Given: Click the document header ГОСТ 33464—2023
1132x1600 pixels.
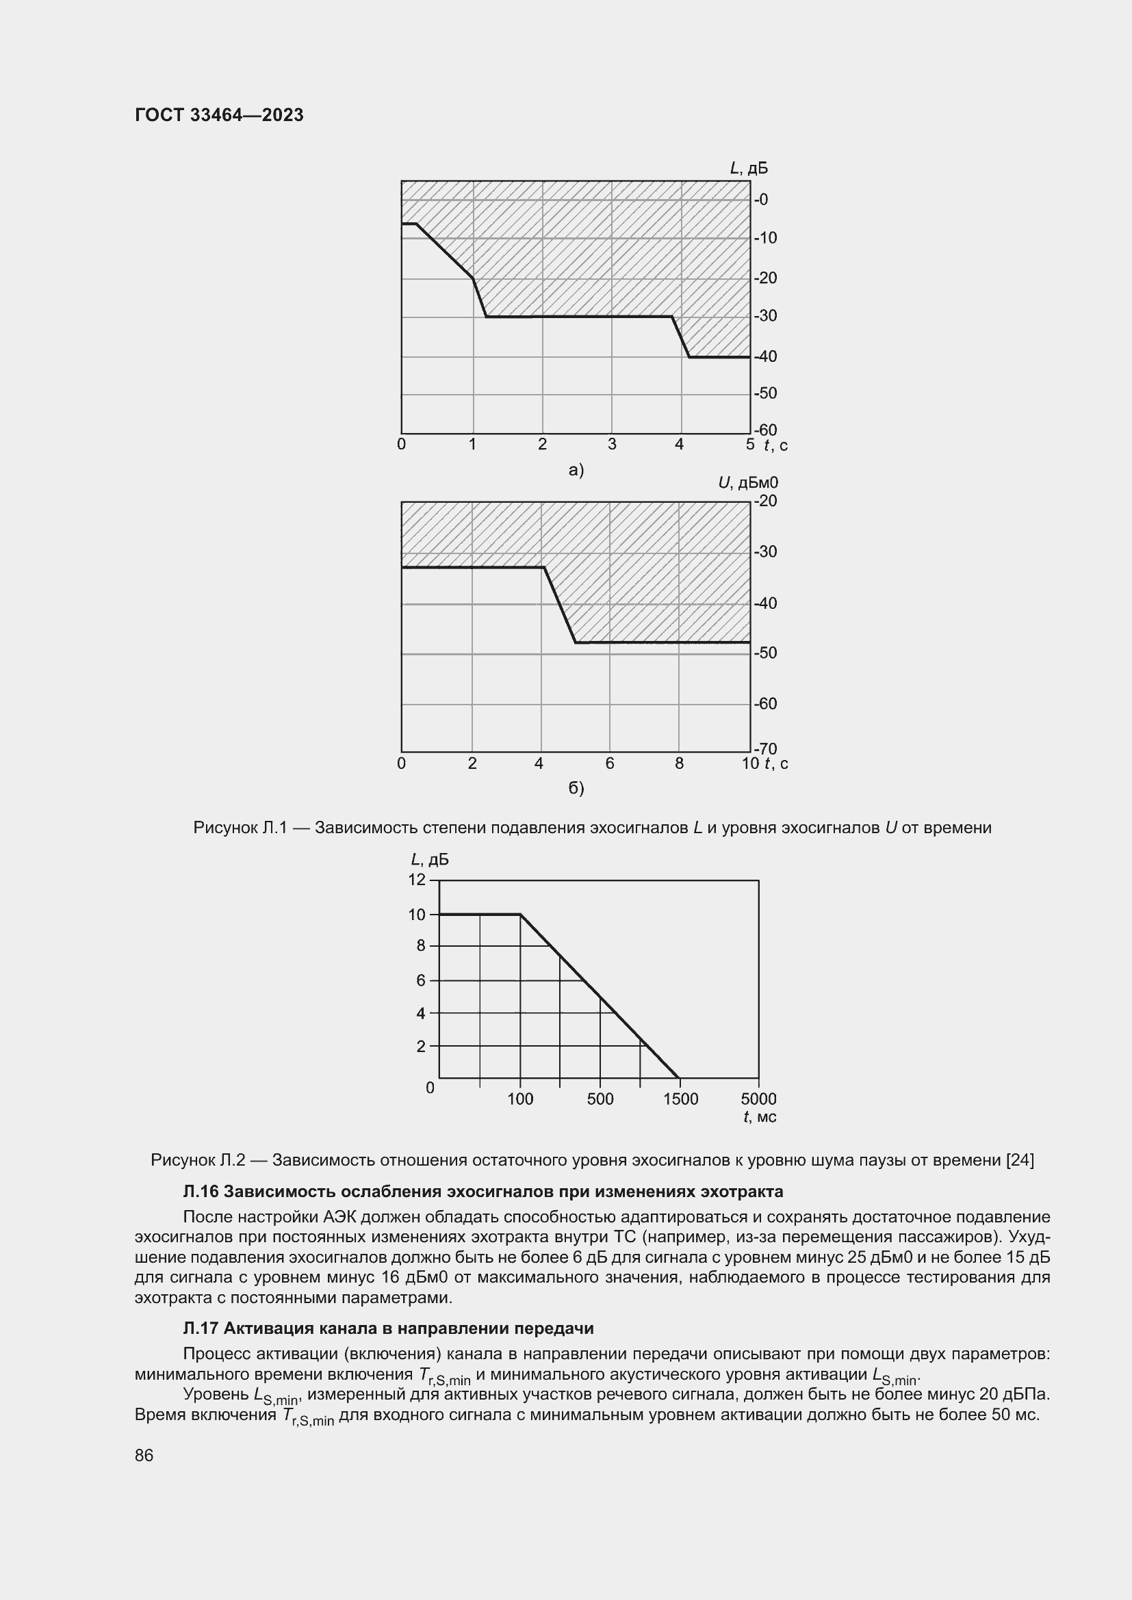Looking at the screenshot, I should [219, 115].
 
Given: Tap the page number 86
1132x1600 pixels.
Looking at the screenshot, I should [144, 1455].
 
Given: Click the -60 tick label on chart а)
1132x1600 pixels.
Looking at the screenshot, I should [765, 430].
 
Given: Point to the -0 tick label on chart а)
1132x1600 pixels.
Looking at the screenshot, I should [761, 200].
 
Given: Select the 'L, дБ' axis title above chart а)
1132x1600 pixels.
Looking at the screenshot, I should [749, 168].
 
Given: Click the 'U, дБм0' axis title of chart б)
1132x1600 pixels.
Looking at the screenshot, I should [748, 482].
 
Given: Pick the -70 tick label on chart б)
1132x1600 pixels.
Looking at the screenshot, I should [765, 749].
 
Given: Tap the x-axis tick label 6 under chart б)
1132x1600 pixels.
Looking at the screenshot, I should [610, 764].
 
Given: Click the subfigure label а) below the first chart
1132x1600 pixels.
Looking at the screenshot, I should [576, 471].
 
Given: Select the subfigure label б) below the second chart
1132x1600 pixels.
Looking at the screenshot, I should [576, 788].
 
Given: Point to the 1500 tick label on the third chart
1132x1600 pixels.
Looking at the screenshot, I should [680, 1099].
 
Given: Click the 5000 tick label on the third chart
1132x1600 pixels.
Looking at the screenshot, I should [758, 1099].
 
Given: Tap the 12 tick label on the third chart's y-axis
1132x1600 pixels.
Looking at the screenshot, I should [417, 880].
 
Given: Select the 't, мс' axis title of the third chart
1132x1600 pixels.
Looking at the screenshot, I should [760, 1117].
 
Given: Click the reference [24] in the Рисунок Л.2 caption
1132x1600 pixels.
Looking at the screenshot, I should [1020, 1159].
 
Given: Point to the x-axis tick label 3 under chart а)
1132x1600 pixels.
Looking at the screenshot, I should [612, 445].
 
